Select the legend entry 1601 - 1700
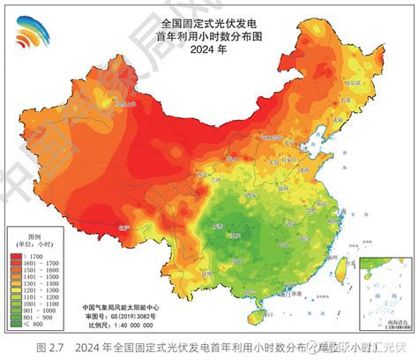pos(36,263)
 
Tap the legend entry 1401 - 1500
pos(36,277)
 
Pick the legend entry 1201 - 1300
pos(36,291)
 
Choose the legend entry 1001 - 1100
pos(36,305)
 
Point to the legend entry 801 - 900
pos(36,319)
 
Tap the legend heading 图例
pos(35,236)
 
